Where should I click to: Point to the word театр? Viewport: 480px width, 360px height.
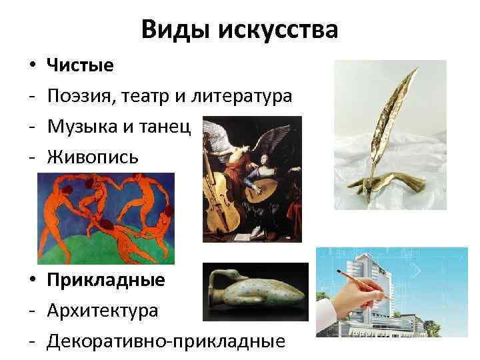145,97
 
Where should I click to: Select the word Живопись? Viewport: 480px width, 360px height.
93,157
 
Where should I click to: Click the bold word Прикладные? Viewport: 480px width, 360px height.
105,279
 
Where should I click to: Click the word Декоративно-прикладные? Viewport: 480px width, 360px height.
166,341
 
